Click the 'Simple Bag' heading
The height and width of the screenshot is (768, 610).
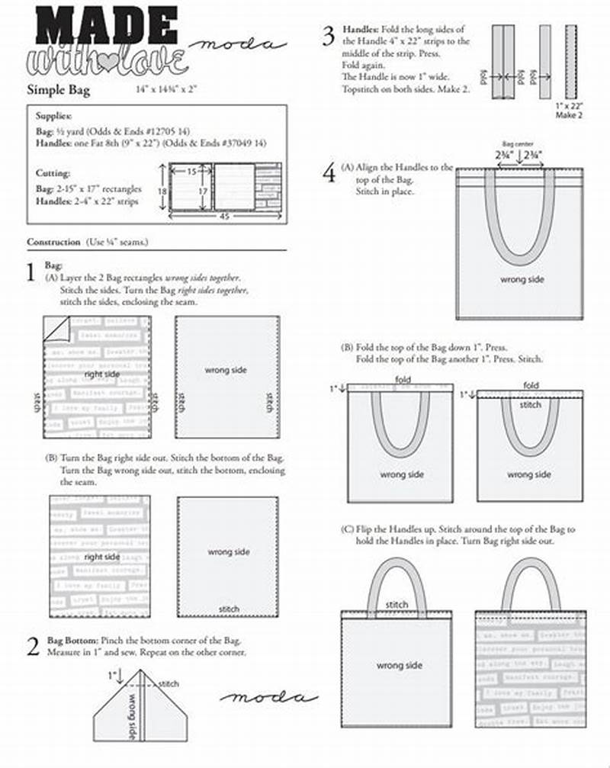click(x=59, y=90)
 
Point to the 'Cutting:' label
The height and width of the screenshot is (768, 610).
click(x=53, y=173)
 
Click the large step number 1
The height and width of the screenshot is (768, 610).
click(x=31, y=272)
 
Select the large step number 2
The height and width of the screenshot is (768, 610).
click(x=32, y=647)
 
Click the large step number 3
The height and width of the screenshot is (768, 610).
click(x=328, y=35)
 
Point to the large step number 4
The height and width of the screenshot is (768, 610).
click(x=328, y=173)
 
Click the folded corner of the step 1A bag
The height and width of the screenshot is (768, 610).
click(x=56, y=329)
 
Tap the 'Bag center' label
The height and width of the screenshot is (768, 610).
click(x=518, y=143)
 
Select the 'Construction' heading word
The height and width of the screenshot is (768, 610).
click(x=53, y=242)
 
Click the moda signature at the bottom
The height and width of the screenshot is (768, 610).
click(x=268, y=697)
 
